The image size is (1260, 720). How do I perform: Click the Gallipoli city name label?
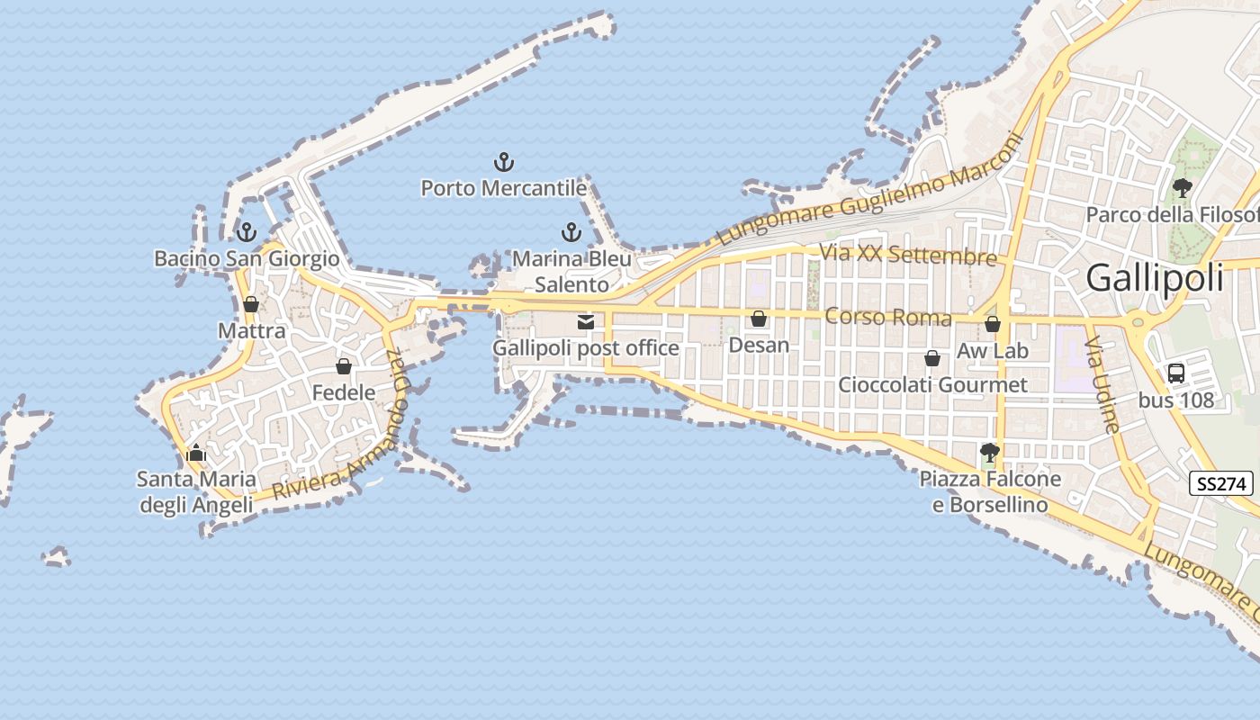point(1155,278)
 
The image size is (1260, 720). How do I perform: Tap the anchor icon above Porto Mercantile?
point(504,163)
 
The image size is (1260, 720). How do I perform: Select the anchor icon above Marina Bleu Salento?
point(571,233)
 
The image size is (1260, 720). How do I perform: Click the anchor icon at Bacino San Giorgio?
point(246,233)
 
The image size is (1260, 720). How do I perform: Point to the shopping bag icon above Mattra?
point(251,304)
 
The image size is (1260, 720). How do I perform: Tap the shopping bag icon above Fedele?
point(343,366)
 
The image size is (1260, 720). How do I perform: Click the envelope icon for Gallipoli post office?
point(586,321)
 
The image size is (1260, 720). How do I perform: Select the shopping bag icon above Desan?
point(759,319)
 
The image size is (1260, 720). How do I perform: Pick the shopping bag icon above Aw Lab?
point(992,324)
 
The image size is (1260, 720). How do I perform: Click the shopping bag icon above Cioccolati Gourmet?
point(932,358)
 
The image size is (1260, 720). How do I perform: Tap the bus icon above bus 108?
point(1175,373)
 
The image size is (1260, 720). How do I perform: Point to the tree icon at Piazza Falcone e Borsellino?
point(990,453)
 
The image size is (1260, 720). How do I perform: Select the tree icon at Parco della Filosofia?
point(1183,188)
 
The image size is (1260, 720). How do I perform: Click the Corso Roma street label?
point(887,317)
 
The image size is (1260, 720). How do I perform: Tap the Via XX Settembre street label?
point(907,255)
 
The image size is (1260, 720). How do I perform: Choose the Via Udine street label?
point(1102,385)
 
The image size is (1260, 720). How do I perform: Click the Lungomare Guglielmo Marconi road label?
point(870,190)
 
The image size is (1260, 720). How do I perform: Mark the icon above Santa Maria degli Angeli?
point(196,453)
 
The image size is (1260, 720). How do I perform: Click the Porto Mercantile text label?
point(504,188)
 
